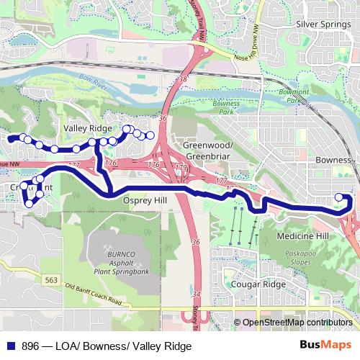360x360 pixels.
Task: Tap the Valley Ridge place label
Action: pos(88,127)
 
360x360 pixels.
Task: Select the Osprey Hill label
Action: pos(145,201)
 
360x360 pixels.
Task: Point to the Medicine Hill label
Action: pos(302,236)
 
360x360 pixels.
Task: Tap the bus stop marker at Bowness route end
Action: pos(339,197)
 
